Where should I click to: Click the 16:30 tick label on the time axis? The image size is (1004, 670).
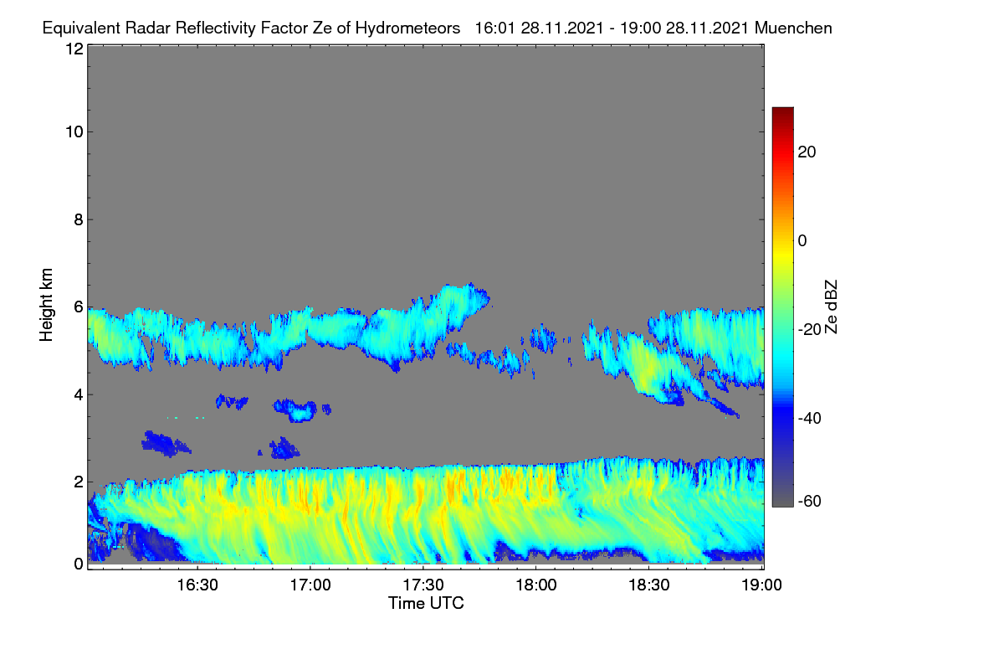197,585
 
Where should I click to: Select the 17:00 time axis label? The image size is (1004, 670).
310,585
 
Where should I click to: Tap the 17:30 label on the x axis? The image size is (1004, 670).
423,585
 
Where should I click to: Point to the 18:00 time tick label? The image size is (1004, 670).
536,585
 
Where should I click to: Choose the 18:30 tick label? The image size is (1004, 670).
649,585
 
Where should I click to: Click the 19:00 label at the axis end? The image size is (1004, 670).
761,585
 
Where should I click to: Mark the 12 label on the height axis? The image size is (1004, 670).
74,49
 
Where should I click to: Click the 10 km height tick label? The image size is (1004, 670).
74,132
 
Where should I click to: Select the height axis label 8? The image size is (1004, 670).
79,220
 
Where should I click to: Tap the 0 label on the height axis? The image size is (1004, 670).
79,564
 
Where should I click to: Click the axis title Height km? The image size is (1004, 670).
46,305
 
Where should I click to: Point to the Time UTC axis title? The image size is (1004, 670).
426,604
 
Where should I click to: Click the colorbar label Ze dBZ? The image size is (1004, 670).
831,307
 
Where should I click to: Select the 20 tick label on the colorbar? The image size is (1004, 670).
807,152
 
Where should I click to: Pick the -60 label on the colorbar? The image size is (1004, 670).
810,502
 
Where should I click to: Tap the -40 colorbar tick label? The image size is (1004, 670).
810,418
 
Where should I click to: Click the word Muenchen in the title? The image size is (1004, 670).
793,28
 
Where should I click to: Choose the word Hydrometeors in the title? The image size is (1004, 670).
407,28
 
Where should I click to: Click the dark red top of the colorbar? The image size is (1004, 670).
782,111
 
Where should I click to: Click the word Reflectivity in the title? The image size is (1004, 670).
215,28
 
